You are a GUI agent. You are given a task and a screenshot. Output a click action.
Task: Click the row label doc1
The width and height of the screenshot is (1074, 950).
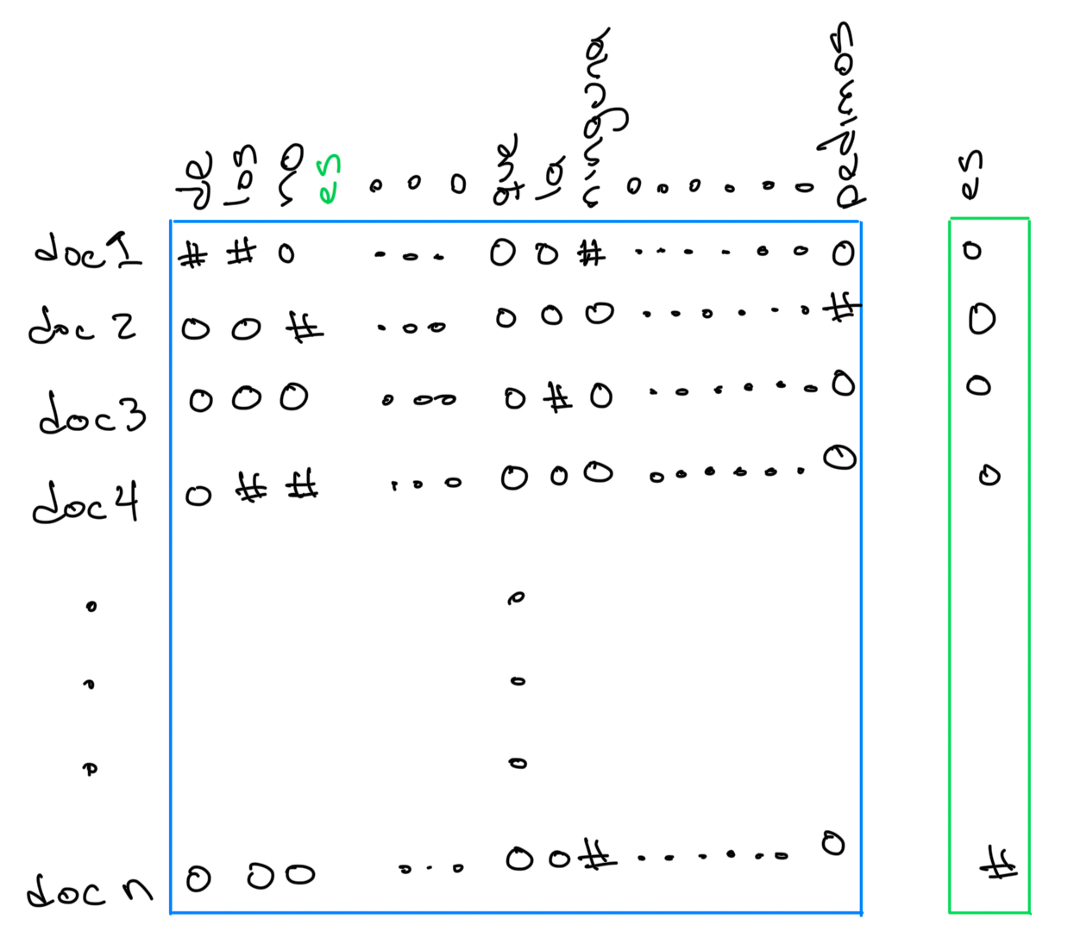(88, 251)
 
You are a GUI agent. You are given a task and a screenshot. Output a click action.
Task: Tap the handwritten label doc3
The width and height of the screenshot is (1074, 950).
(92, 413)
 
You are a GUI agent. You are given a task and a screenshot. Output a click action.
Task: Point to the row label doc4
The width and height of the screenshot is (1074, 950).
(85, 502)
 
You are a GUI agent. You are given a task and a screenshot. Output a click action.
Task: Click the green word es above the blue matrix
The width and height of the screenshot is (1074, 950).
(329, 180)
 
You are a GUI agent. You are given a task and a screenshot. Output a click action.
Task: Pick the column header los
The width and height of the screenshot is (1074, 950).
(242, 176)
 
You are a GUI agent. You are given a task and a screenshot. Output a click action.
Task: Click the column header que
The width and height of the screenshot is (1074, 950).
(506, 171)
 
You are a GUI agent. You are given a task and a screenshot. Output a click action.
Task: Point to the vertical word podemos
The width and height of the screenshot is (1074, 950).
(841, 116)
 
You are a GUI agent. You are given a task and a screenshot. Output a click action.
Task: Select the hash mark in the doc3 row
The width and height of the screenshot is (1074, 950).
(558, 397)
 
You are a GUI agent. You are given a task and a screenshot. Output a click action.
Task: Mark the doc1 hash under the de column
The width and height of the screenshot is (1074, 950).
(192, 255)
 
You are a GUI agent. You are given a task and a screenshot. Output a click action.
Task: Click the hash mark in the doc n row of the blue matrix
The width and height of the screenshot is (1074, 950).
(596, 856)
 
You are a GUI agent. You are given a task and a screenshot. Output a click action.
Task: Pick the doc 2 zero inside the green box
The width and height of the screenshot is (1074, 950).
(982, 319)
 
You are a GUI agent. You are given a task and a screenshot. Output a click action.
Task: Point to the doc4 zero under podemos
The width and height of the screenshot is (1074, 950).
(838, 457)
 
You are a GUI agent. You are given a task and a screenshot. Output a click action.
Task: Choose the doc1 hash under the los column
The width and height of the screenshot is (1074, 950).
(242, 252)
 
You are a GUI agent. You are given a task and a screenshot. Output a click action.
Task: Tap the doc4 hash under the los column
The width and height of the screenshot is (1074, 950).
(252, 490)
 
